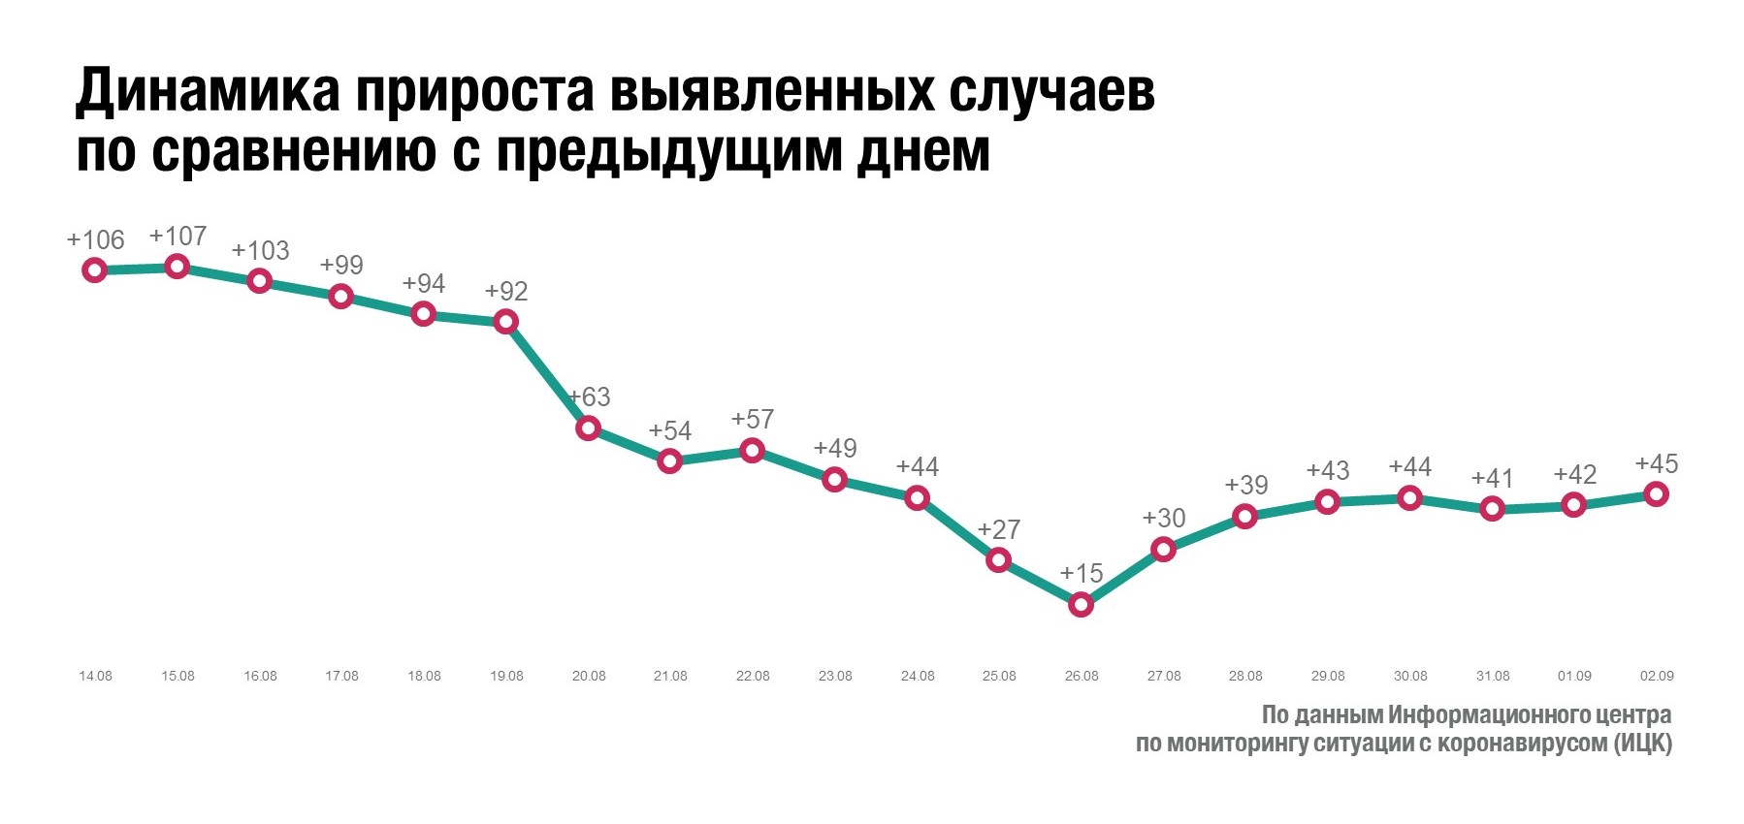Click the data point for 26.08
click(x=1081, y=605)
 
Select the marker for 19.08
click(x=505, y=321)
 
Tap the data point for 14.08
click(x=94, y=269)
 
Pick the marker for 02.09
click(x=1657, y=494)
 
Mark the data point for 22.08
click(x=752, y=450)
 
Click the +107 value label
click(x=178, y=237)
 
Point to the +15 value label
click(x=1082, y=574)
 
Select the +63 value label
click(x=589, y=397)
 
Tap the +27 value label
click(x=999, y=530)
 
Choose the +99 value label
click(x=341, y=266)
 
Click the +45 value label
click(x=1657, y=464)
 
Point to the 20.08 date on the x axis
click(x=589, y=676)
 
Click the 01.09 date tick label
click(x=1574, y=676)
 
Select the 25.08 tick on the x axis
click(x=999, y=676)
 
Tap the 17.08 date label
click(x=341, y=676)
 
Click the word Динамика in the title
click(x=208, y=92)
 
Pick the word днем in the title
click(x=923, y=153)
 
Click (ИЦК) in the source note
click(x=1643, y=744)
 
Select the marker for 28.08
click(x=1245, y=517)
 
